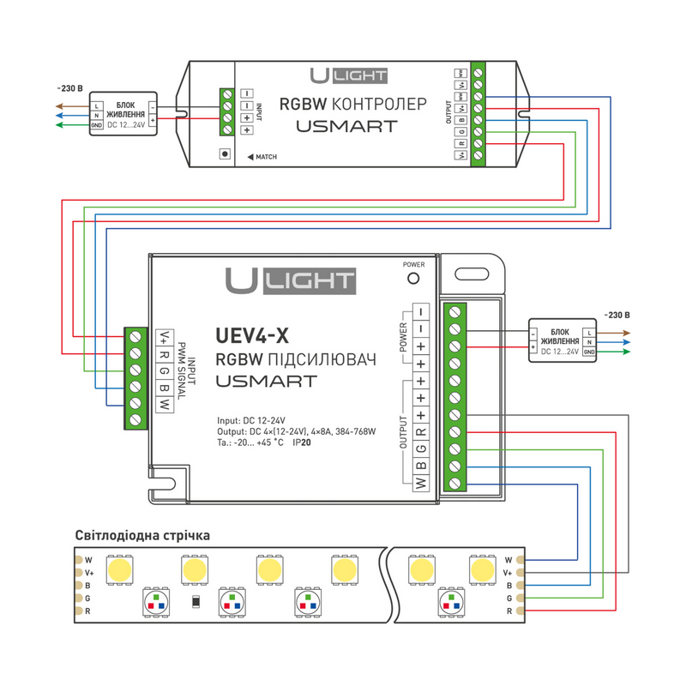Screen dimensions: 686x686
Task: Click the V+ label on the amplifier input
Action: (x=165, y=336)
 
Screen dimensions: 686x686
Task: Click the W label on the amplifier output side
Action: (x=421, y=484)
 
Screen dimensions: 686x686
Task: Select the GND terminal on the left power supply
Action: (x=96, y=125)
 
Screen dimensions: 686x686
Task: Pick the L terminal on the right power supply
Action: (x=588, y=332)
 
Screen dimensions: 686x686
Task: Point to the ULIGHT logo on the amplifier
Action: (x=289, y=280)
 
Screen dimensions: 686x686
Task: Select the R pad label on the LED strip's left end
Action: (x=88, y=611)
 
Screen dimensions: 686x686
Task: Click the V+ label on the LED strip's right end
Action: (x=508, y=572)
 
